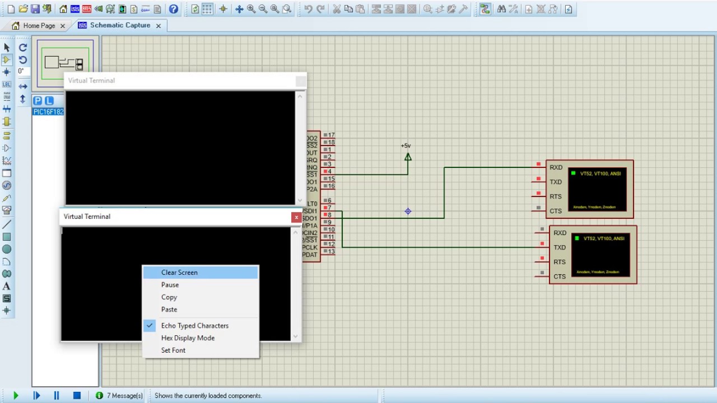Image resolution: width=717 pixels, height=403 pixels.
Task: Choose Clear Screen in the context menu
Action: [179, 273]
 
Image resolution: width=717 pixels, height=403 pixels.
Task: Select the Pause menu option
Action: [170, 285]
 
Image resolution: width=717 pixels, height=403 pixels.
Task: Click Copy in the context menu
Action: [169, 297]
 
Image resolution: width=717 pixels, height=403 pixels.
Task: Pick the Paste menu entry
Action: [169, 310]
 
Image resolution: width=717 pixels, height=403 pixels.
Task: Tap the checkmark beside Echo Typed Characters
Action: [150, 325]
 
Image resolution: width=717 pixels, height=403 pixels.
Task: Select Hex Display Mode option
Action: [188, 338]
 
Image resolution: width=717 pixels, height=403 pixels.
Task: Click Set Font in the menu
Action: [173, 350]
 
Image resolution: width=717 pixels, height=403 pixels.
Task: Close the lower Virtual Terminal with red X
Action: [296, 217]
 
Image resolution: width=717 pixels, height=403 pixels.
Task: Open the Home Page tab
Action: [38, 26]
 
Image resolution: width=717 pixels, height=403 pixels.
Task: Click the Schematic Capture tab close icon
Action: [159, 26]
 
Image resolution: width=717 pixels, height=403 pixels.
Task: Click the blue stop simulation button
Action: [77, 395]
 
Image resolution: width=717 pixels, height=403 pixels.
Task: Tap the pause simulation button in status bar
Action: [57, 395]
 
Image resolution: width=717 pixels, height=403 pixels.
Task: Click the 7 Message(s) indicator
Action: [119, 396]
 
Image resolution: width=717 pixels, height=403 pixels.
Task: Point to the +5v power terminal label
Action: [406, 146]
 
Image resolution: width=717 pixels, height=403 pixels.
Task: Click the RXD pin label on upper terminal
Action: [556, 167]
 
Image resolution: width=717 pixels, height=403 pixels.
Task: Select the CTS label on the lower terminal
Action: [559, 277]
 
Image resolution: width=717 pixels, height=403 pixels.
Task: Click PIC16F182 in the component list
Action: [48, 112]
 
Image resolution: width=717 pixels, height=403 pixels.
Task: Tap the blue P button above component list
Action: [38, 101]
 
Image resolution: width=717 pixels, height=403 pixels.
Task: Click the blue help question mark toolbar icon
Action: [174, 9]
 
